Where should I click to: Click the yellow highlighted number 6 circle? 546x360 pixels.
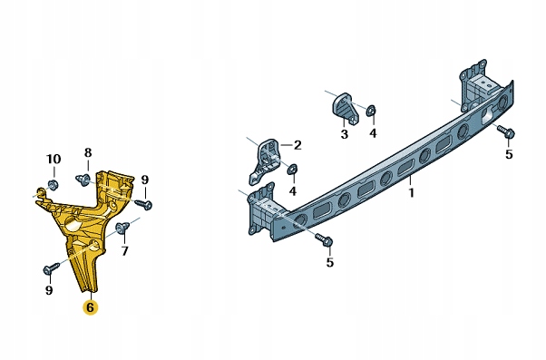(90, 307)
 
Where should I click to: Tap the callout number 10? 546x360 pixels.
(54, 159)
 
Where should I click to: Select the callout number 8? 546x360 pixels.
(88, 152)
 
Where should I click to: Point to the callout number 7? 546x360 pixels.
(124, 250)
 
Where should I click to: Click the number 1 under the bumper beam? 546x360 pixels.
(411, 192)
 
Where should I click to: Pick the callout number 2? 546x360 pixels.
(297, 145)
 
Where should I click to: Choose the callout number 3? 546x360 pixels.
(344, 133)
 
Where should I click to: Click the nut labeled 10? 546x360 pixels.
(53, 184)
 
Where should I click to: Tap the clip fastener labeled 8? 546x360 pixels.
(83, 180)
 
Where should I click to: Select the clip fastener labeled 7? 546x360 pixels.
(122, 227)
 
